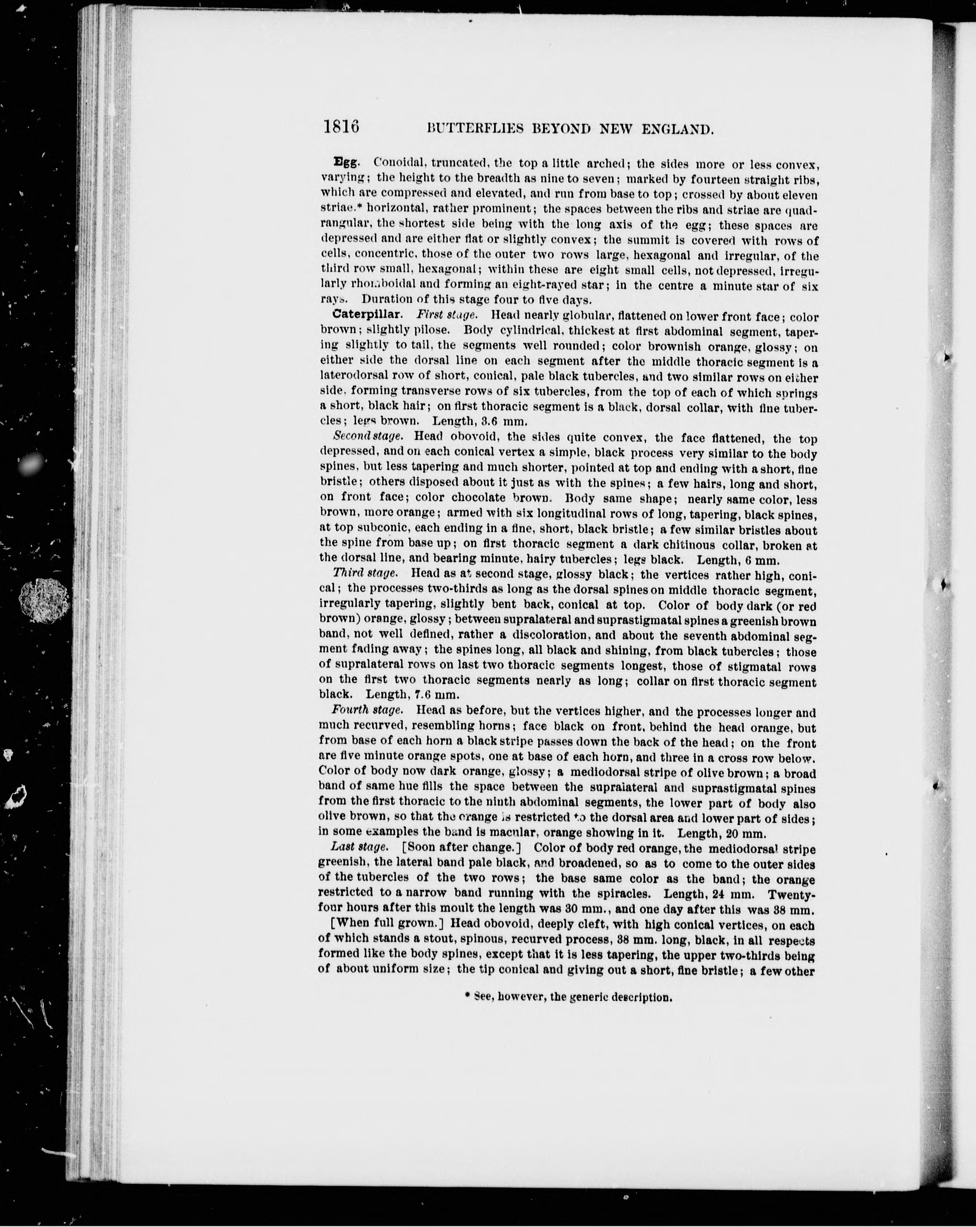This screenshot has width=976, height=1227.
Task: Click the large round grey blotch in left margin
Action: (45, 600)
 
